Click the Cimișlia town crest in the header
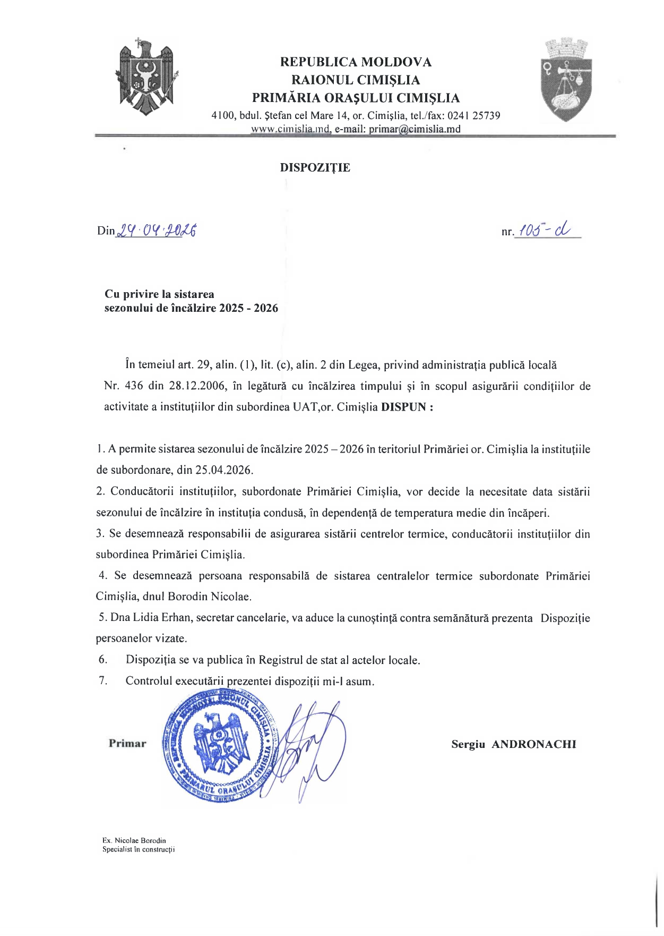click(566, 79)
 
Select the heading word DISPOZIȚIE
click(315, 168)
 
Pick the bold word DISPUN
click(404, 407)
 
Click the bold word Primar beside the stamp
click(127, 743)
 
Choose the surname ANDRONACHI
click(533, 744)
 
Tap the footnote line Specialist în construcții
click(139, 849)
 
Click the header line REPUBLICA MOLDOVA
click(356, 62)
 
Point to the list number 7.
click(103, 680)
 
